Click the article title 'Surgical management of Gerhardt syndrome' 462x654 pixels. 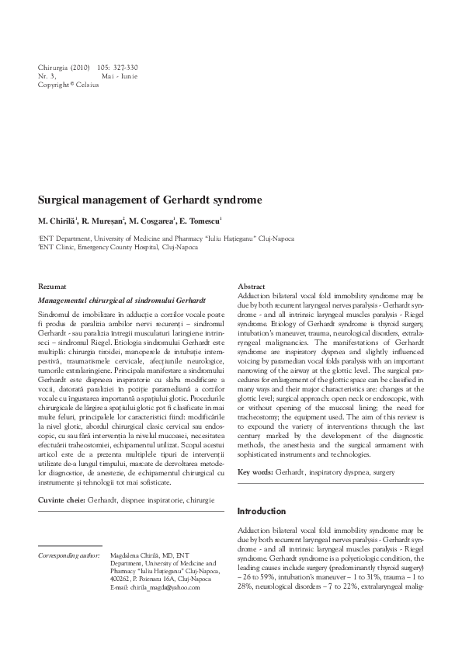pyautogui.click(x=150, y=200)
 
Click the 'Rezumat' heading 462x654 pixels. pyautogui.click(x=54, y=287)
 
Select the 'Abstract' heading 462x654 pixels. pyautogui.click(x=252, y=287)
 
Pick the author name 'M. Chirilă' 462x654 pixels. pyautogui.click(x=58, y=221)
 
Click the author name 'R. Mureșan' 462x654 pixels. pyautogui.click(x=102, y=221)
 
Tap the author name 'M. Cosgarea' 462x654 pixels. pyautogui.click(x=153, y=221)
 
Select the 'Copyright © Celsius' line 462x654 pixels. pyautogui.click(x=68, y=85)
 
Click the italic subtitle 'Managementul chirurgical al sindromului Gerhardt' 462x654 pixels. pyautogui.click(x=121, y=299)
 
